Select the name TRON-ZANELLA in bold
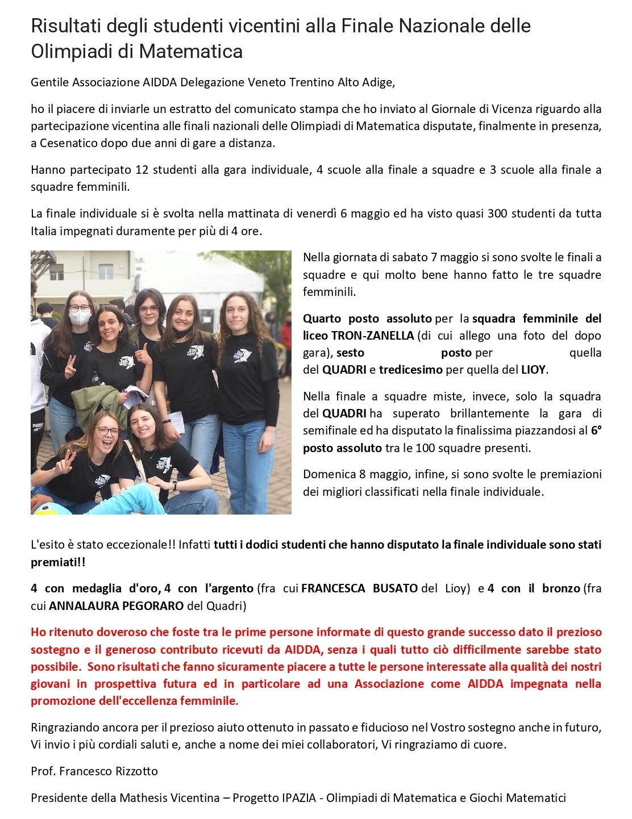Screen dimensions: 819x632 372,336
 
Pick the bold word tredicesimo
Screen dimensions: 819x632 410,370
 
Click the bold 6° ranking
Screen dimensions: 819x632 596,431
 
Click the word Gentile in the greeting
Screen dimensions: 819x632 49,82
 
